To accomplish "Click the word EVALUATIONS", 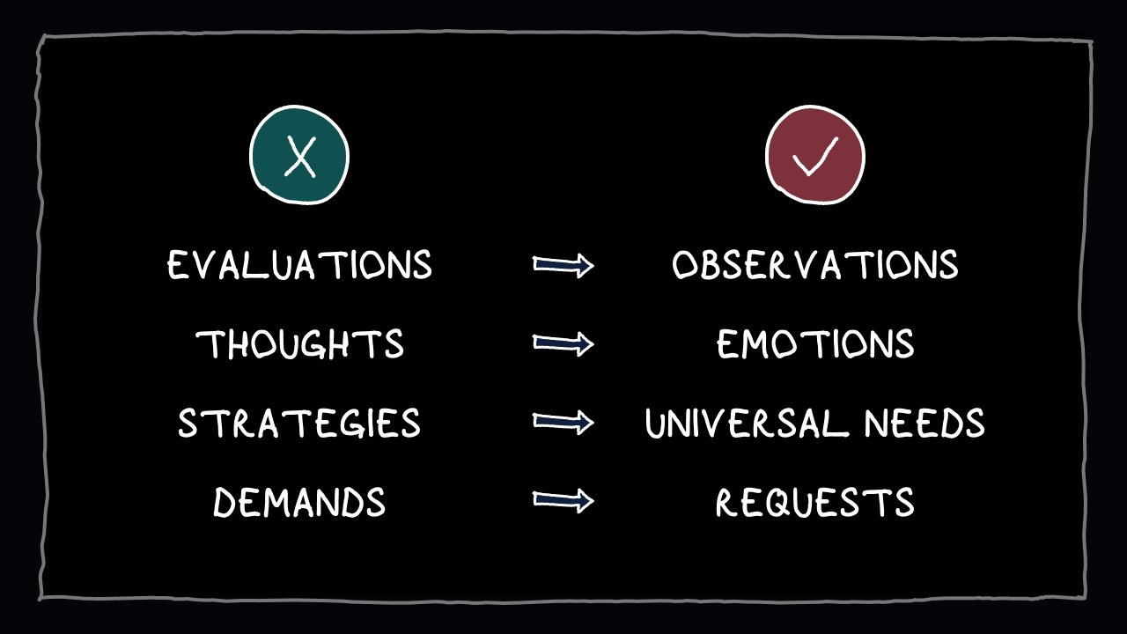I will [299, 265].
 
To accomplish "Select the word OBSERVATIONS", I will [814, 265].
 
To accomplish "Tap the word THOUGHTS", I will [299, 344].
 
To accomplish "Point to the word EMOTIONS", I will [814, 344].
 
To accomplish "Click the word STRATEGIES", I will [299, 424].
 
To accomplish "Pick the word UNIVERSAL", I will [745, 424].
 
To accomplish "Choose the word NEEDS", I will [924, 424].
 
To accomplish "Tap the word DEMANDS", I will [299, 503].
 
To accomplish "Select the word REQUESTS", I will [814, 503].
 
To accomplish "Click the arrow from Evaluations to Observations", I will [563, 265].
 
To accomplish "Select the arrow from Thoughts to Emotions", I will [563, 344].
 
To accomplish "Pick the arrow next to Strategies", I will [563, 424].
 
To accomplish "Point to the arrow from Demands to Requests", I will [563, 501].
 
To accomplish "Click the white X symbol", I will [300, 159].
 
